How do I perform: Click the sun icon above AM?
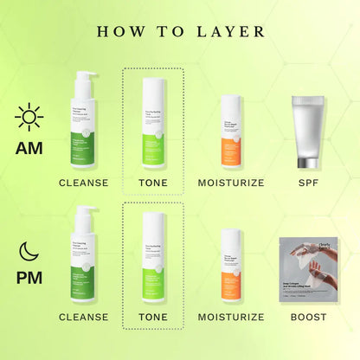[x=29, y=117]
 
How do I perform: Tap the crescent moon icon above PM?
[x=29, y=252]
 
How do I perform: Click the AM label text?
[x=29, y=148]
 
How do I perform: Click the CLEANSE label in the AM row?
[x=83, y=183]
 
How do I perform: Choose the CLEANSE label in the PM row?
[x=83, y=317]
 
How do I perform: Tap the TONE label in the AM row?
[x=153, y=183]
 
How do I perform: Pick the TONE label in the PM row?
[x=153, y=317]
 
